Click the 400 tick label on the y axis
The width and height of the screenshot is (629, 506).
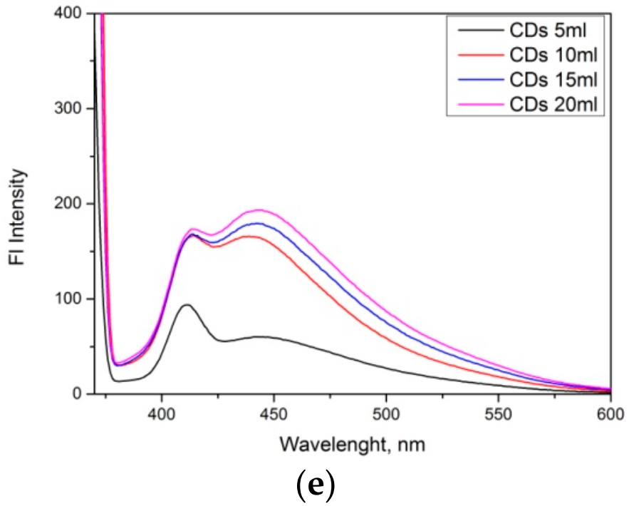(70, 14)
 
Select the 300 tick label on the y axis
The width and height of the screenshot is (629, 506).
(70, 108)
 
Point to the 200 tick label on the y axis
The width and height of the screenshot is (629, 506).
(70, 204)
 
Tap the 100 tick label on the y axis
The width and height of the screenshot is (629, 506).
(70, 299)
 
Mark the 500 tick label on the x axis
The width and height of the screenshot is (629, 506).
(385, 413)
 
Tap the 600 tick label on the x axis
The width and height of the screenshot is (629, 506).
(609, 413)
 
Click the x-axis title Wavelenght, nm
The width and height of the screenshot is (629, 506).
(353, 445)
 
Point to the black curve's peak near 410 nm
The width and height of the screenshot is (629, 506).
(187, 305)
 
